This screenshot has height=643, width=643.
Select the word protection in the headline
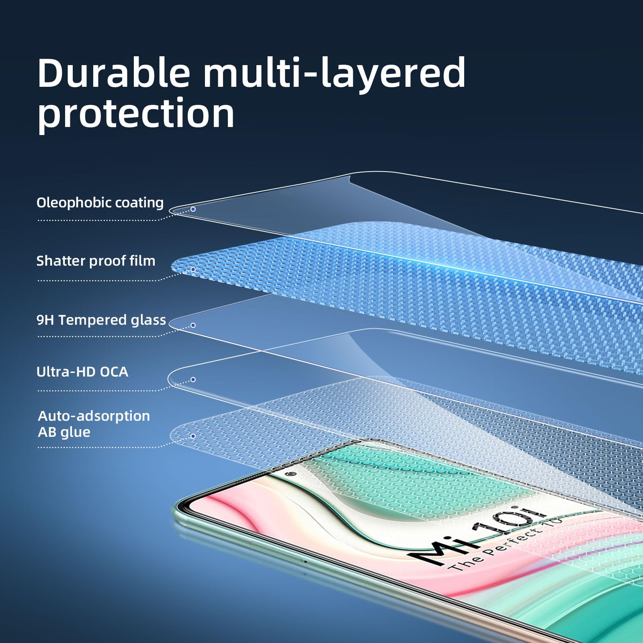pos(136,114)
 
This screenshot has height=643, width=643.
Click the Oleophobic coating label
pos(100,203)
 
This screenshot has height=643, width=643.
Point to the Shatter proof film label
pos(96,261)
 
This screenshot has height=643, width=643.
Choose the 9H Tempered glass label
pos(101,320)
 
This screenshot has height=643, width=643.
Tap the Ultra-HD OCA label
pos(82,372)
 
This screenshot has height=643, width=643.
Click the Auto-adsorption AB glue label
pos(94,424)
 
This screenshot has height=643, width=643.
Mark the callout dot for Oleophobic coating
pos(193,209)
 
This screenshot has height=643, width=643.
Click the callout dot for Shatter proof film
pos(193,269)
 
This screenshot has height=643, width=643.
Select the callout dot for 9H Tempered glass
pos(193,325)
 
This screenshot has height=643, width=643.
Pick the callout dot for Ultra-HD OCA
pos(193,379)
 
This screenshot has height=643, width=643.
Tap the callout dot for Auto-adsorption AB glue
pos(193,436)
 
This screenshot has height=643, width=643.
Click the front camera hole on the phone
pos(293,474)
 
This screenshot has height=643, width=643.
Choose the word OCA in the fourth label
pos(114,372)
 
